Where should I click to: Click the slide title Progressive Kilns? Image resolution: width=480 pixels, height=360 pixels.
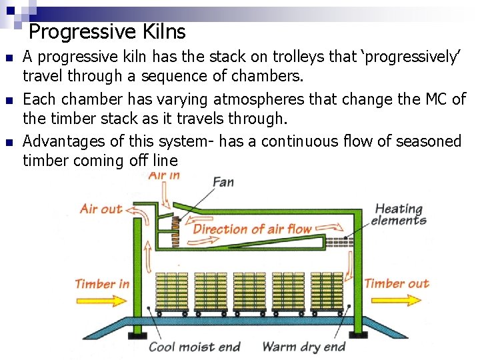(107, 31)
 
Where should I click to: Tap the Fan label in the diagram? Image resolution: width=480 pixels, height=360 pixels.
(223, 181)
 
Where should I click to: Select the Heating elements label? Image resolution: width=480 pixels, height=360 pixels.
(399, 215)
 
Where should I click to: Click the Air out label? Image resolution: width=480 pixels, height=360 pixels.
(101, 209)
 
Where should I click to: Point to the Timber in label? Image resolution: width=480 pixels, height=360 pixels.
(102, 284)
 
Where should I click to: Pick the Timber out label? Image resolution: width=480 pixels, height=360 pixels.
(397, 284)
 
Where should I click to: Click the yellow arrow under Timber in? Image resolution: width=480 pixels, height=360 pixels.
(101, 300)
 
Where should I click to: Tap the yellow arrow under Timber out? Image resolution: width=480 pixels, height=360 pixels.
(397, 300)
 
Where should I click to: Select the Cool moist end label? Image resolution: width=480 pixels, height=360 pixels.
(194, 347)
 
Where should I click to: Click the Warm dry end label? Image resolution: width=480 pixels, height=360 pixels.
(304, 347)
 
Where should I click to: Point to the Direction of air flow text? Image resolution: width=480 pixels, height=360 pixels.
(253, 229)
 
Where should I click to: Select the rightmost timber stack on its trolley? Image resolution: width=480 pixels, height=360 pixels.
(328, 291)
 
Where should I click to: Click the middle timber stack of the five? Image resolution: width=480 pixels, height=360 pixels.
(250, 291)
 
